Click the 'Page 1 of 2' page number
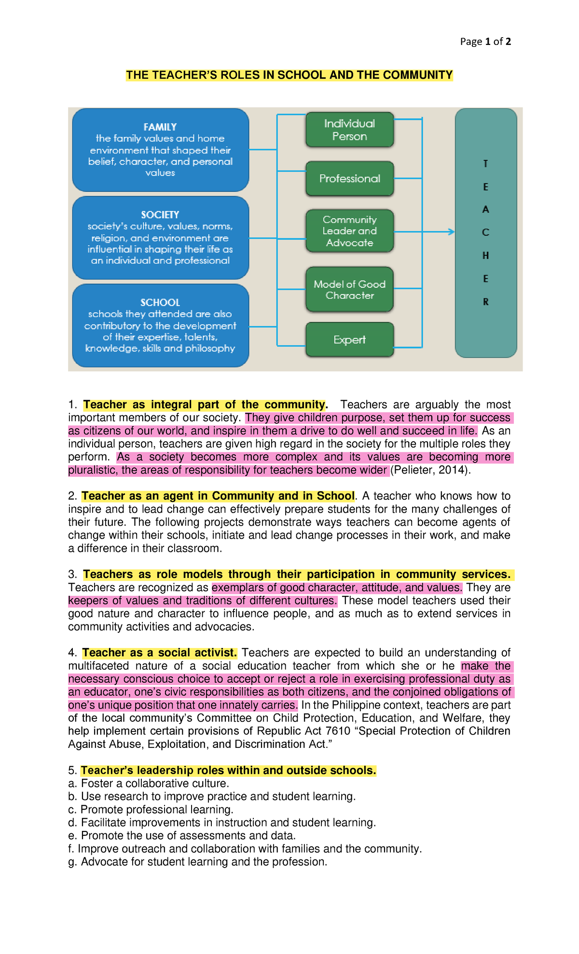click(485, 42)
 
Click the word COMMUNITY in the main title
click(417, 75)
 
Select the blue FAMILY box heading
click(160, 127)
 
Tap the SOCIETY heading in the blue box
click(160, 215)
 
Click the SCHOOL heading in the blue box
click(160, 303)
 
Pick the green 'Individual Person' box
click(349, 130)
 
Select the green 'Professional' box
click(349, 179)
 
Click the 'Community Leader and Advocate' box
click(349, 231)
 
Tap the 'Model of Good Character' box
click(349, 290)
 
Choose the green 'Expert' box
click(349, 340)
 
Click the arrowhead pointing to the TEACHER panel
click(451, 232)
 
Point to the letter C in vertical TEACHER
click(485, 233)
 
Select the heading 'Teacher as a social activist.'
click(159, 653)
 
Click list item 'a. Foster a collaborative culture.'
click(149, 783)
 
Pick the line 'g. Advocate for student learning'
click(198, 862)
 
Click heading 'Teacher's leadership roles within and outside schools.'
click(228, 770)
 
